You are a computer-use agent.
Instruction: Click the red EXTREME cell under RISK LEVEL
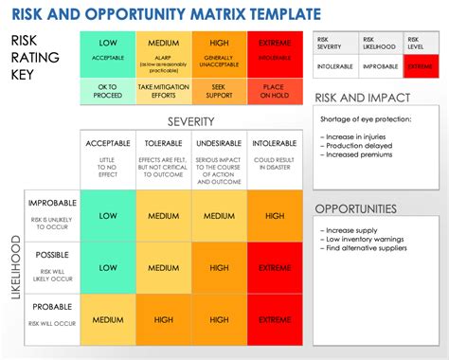click(x=422, y=67)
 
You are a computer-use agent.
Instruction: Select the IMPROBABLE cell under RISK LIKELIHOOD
click(x=379, y=67)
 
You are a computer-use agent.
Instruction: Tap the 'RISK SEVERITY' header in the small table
click(x=336, y=43)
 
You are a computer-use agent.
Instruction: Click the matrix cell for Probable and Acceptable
click(x=106, y=320)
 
